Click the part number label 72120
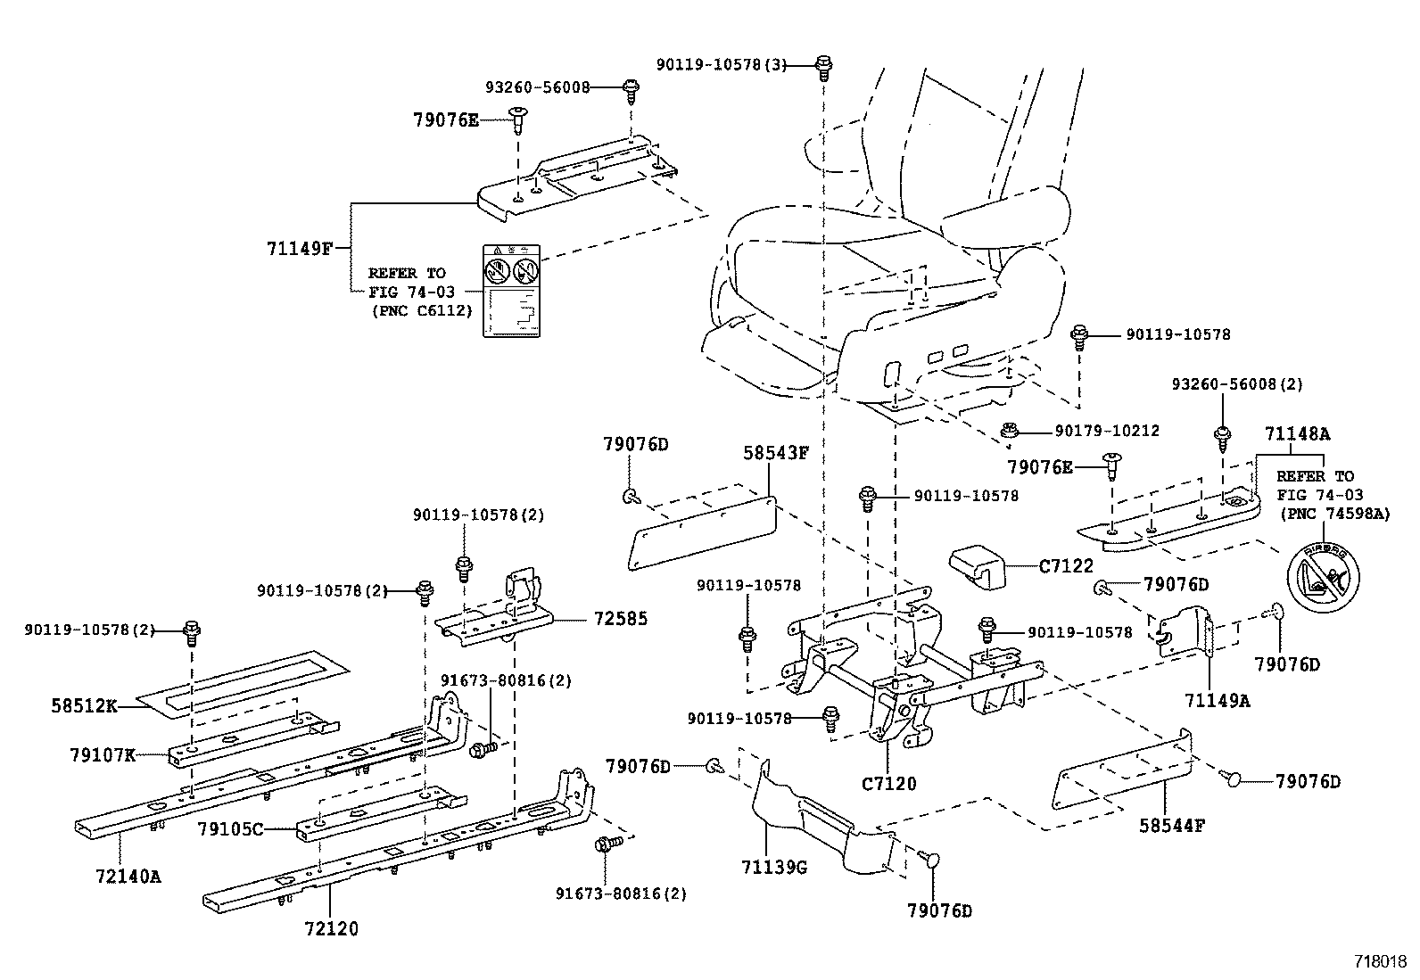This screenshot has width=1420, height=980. (x=330, y=929)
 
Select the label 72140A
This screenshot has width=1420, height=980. (x=127, y=876)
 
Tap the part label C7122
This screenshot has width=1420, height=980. (x=1065, y=565)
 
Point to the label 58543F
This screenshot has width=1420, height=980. (x=775, y=453)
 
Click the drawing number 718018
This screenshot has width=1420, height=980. (x=1380, y=961)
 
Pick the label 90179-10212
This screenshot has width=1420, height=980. (x=1107, y=431)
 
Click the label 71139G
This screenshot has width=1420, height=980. (x=774, y=866)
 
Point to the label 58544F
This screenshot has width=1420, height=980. (x=1171, y=826)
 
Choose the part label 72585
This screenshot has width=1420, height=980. (x=615, y=619)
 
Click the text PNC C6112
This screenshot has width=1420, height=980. (x=421, y=309)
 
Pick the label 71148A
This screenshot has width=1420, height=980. (x=1296, y=434)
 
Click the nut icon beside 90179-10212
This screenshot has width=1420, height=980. (x=1010, y=432)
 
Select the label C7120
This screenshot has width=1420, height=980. (x=888, y=784)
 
